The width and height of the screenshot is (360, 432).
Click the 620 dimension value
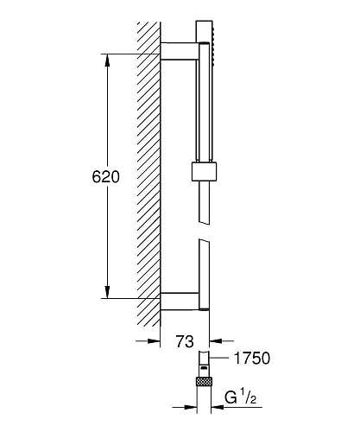[105, 176]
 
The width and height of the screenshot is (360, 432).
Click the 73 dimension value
[185, 341]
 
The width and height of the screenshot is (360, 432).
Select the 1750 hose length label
[252, 359]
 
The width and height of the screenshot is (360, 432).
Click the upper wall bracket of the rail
[180, 51]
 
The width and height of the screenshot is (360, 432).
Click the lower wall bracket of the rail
[180, 302]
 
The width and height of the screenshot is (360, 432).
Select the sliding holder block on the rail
[204, 172]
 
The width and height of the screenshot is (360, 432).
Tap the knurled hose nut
[204, 381]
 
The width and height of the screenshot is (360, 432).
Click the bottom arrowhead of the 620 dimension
[107, 291]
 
